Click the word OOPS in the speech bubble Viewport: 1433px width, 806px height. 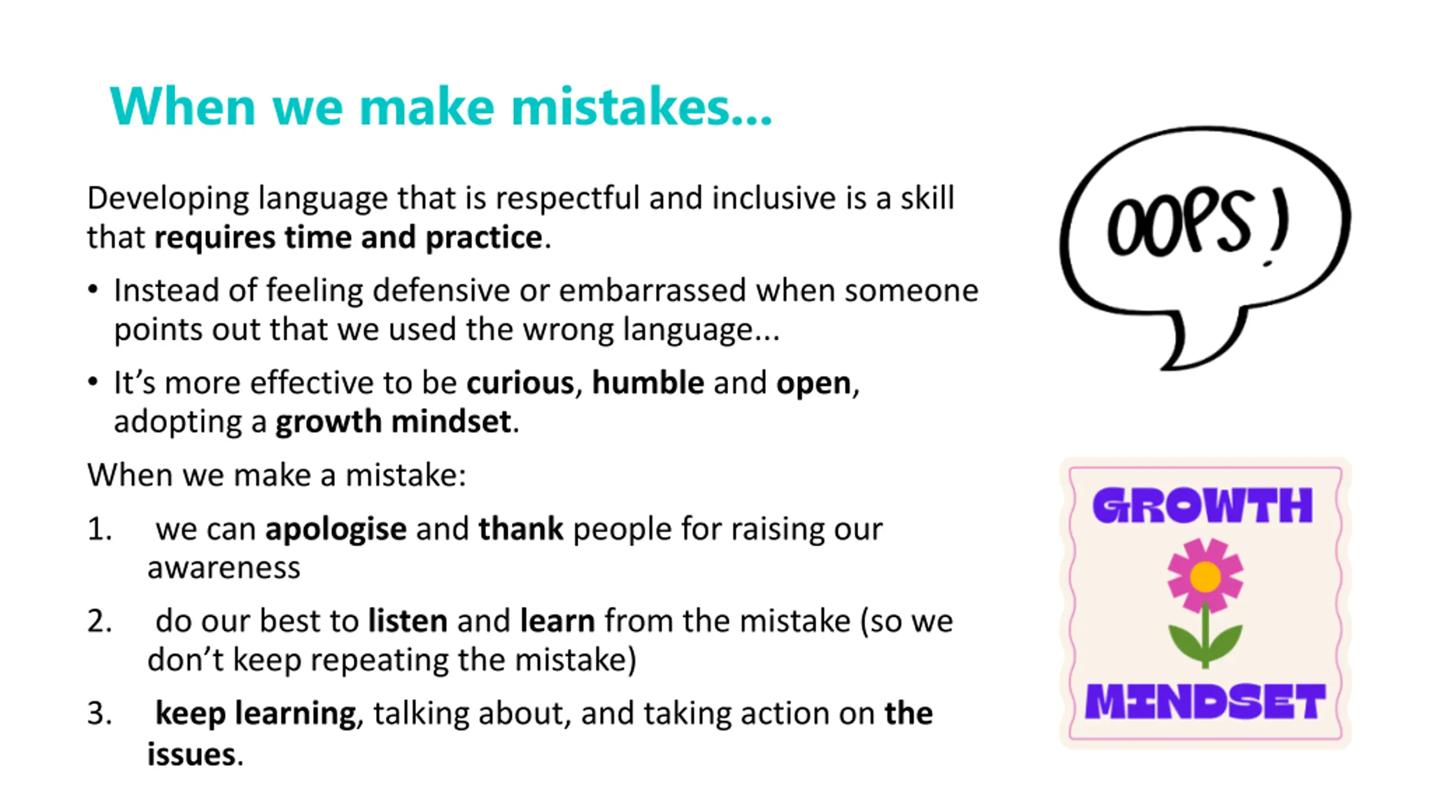[1178, 222]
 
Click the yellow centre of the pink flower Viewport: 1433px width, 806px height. [1205, 577]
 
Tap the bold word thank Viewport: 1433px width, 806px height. [521, 528]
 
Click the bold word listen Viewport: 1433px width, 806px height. [408, 621]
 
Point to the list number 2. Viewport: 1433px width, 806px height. [100, 621]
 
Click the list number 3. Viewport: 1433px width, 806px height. [100, 714]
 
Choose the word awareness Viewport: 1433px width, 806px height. [224, 568]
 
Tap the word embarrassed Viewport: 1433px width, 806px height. [653, 290]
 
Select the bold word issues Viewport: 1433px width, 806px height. [191, 754]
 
